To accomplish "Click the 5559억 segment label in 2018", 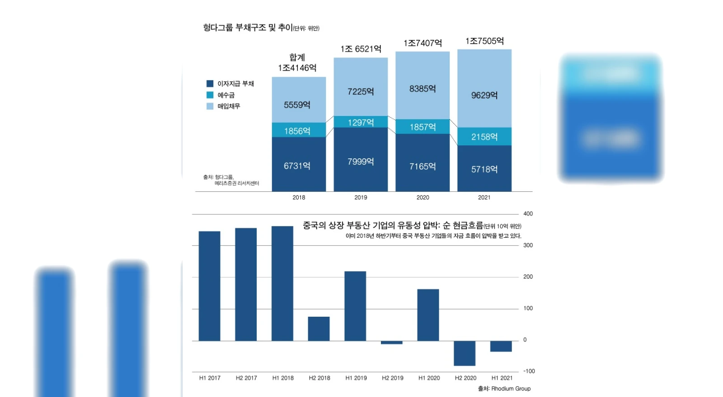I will point(297,105).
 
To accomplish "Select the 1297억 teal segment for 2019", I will point(361,122).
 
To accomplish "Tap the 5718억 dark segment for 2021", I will point(484,169).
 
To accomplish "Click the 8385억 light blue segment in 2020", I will point(423,88).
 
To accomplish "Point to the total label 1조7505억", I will point(484,41).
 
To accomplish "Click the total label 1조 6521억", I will point(361,49).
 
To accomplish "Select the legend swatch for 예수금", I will point(210,95).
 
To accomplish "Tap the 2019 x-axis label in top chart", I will point(361,197).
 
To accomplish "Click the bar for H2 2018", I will point(319,328).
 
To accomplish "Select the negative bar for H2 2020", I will point(465,353).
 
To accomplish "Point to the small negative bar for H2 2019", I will point(391,342).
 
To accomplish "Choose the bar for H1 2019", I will point(355,305).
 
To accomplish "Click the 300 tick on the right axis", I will point(528,245).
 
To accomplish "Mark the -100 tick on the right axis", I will point(529,371).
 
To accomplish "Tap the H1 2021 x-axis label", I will point(502,378).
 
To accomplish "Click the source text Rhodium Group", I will point(511,388).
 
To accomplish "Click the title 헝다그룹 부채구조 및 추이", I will point(248,28).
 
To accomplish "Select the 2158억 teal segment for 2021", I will point(484,136).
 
